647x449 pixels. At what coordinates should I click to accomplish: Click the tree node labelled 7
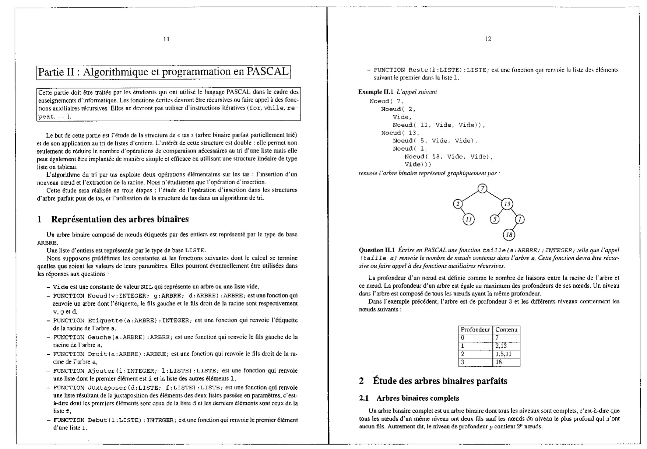coord(482,189)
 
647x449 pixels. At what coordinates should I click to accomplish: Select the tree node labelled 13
coord(507,204)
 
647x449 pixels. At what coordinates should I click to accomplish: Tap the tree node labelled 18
coord(509,235)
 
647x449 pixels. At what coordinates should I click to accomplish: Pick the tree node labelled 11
coord(468,220)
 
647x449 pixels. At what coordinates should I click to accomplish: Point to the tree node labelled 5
coord(495,220)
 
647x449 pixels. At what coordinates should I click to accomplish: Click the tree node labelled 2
coord(458,204)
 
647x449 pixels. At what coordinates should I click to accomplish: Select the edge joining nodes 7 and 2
coord(470,196)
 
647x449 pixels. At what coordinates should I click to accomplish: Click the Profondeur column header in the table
coord(475,330)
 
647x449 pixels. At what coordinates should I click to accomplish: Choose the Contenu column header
coord(506,330)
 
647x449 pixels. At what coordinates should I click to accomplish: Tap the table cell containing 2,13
coord(501,345)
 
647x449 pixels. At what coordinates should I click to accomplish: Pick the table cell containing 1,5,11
coord(503,354)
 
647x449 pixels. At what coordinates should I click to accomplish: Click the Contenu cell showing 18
coord(499,362)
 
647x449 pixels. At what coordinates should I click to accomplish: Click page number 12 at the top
coord(488,39)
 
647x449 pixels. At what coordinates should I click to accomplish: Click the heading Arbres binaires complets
coord(418,398)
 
